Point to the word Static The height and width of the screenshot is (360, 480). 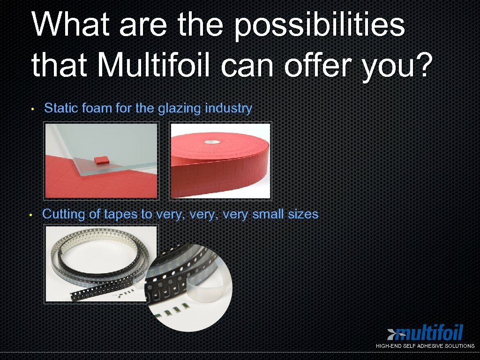tap(61, 108)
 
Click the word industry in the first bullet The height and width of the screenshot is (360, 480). tap(229, 108)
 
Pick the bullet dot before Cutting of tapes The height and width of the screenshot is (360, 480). tap(30, 215)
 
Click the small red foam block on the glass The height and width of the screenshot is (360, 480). tap(101, 160)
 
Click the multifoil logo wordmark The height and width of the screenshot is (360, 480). tap(429, 333)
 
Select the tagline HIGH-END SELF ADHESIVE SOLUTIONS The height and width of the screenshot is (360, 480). tap(425, 346)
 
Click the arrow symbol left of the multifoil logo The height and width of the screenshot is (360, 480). tap(391, 333)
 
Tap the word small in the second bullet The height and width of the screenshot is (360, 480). tap(267, 215)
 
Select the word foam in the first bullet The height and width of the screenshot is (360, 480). tap(97, 108)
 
